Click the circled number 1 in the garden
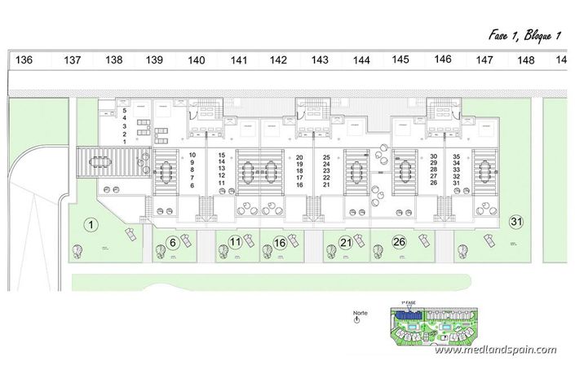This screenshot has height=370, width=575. click(x=91, y=223)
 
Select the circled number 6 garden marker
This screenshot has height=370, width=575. click(x=173, y=241)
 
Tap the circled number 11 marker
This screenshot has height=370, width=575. click(x=234, y=241)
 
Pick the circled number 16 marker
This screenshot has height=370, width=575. click(x=280, y=242)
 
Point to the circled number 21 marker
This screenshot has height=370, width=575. click(x=346, y=242)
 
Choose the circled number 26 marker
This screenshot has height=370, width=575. click(x=400, y=241)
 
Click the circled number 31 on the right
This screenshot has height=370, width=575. click(x=515, y=221)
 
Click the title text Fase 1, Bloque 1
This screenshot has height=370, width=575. click(x=524, y=35)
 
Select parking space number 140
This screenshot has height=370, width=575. click(x=197, y=60)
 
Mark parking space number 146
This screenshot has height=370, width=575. click(x=443, y=59)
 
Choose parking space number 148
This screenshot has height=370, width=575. click(x=526, y=60)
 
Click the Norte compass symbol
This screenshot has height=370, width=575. click(x=356, y=320)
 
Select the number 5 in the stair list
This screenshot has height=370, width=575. click(x=125, y=110)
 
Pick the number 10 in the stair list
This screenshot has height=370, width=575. click(x=192, y=155)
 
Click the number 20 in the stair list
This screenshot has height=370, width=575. click(x=299, y=156)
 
